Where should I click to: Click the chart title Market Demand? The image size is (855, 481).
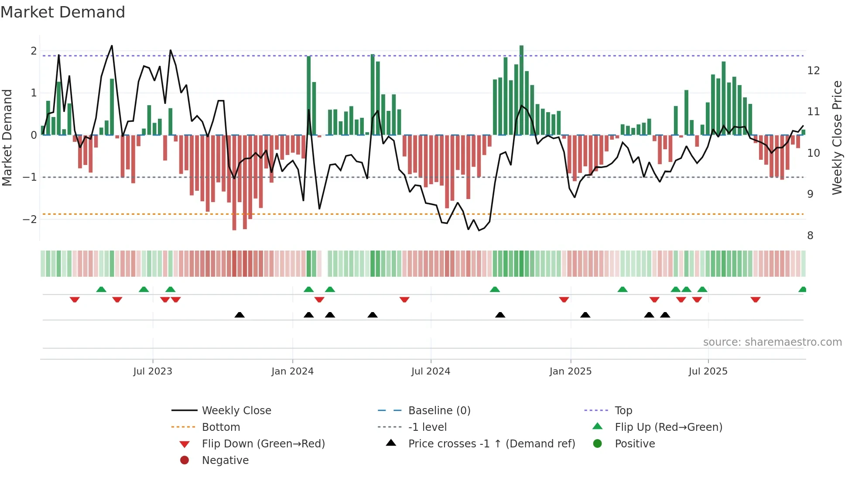tap(63, 12)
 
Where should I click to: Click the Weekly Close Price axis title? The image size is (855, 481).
tap(837, 137)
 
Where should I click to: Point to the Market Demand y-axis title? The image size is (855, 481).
tap(7, 137)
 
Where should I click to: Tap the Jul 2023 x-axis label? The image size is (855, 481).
tap(153, 371)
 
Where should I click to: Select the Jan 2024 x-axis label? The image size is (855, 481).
tap(292, 371)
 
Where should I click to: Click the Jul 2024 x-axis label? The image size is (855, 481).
tap(431, 371)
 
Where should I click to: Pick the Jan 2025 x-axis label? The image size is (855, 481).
tap(570, 371)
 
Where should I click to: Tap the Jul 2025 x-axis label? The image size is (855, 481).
tap(708, 371)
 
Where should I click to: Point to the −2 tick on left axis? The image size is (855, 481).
tap(30, 219)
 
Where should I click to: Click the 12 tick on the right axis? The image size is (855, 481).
tap(814, 70)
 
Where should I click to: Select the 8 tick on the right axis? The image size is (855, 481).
tap(810, 236)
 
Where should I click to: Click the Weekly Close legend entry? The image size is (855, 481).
tap(236, 410)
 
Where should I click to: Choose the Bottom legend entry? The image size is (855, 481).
tap(221, 427)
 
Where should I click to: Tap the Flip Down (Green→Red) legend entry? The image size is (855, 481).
tap(263, 443)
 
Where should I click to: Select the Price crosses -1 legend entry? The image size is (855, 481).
tap(492, 443)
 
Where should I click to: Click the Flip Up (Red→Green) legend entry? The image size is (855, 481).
tap(668, 427)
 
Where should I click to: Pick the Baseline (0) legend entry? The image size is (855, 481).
tap(439, 410)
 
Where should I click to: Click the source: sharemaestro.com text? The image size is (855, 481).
tap(772, 342)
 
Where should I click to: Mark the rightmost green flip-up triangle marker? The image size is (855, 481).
tap(802, 289)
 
